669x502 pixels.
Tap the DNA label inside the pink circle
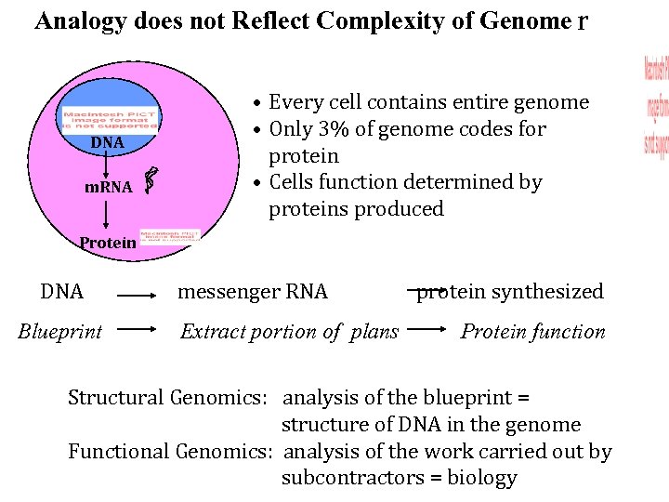pos(107,143)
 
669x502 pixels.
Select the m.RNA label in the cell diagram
pos(108,187)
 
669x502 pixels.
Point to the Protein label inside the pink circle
pos(107,243)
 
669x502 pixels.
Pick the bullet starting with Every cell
pos(428,102)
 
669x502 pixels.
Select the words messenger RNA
pos(253,292)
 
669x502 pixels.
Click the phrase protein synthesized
pos(509,292)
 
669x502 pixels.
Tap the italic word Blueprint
pos(60,332)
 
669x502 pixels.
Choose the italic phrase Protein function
pos(532,332)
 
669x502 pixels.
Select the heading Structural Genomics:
pos(168,398)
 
